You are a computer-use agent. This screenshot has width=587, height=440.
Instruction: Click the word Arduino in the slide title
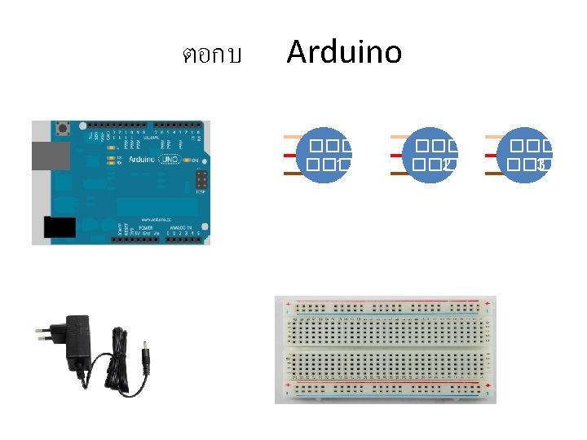344,53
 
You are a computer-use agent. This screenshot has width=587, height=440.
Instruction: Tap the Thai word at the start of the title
211,56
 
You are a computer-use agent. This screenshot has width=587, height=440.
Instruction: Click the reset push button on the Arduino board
61,129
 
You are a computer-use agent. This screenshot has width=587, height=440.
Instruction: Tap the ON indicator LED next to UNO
189,161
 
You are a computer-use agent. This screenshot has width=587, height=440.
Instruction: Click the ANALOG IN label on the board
180,229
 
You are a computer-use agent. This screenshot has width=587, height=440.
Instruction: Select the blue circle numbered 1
324,155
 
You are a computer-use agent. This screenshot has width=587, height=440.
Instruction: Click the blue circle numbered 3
525,155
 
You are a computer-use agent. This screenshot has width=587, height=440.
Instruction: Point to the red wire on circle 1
290,155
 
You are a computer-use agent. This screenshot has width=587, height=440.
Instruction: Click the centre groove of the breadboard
385,349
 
